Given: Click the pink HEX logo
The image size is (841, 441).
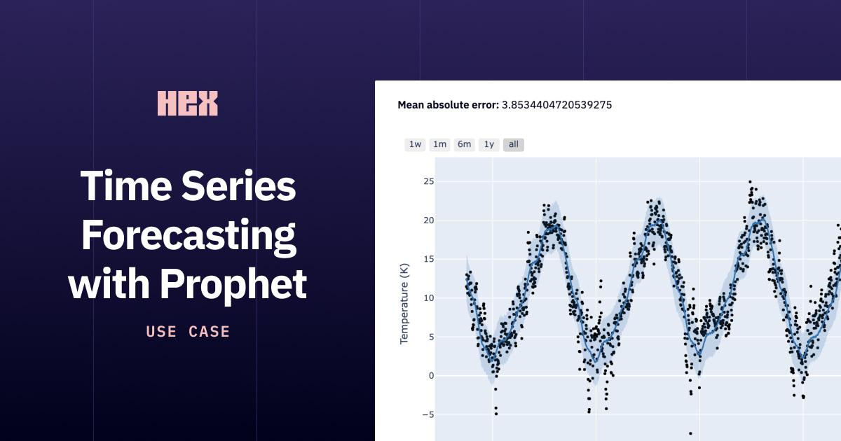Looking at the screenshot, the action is point(187,103).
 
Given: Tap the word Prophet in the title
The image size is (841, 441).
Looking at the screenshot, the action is point(233,285).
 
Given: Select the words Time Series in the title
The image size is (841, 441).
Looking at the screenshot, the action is point(188,185).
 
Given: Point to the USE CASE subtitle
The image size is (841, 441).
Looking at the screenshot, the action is point(188,332).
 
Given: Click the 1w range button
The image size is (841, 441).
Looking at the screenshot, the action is point(415,144).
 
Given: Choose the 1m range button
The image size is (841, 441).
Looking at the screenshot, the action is point(439,144).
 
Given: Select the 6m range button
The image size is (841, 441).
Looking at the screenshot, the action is point(465,144).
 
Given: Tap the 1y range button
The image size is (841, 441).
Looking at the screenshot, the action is point(489,144).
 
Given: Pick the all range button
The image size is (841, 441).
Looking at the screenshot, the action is point(514,144).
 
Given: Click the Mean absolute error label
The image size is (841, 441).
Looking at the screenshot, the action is point(449,105).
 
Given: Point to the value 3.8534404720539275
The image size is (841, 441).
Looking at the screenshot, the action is point(556,105).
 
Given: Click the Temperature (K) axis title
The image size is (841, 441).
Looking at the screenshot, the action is point(404,304).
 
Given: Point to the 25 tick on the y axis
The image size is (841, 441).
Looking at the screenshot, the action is point(429,181).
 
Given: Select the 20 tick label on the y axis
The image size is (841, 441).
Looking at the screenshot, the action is point(429,220).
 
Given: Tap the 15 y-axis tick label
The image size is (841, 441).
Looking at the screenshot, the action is point(429,259).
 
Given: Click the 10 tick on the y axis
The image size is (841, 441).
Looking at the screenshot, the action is point(429,298).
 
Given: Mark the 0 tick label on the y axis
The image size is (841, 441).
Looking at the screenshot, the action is point(432,376).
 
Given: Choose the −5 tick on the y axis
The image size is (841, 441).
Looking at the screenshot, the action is point(428,414).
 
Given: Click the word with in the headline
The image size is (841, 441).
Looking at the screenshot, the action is point(109,285).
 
